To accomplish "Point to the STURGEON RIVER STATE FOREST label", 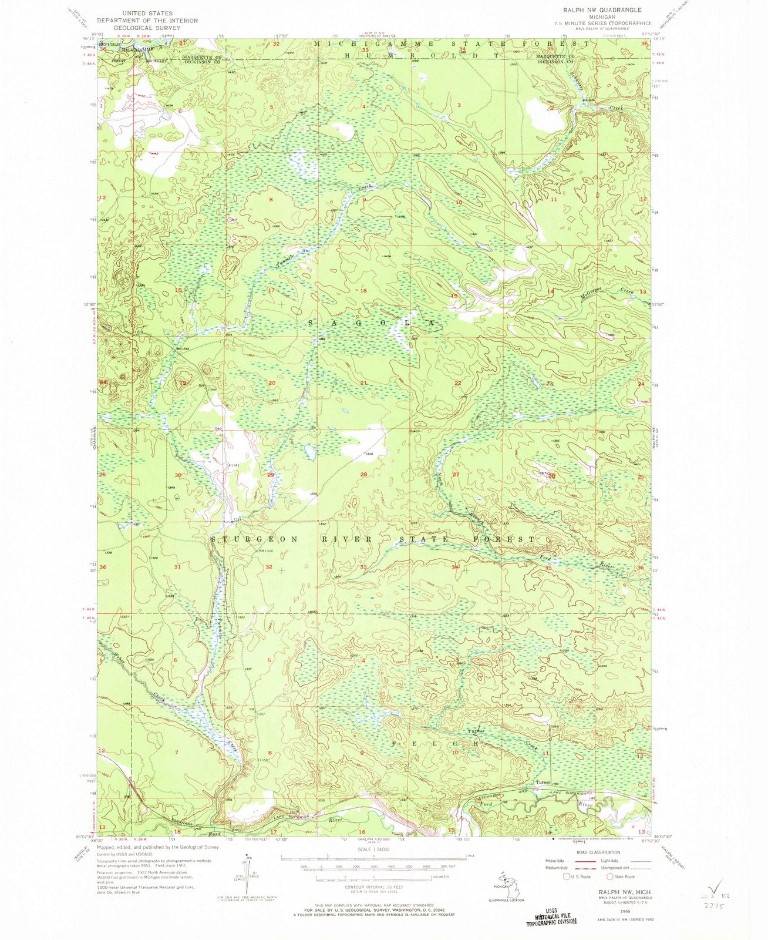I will [373, 539].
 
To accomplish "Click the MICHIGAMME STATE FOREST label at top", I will [452, 43].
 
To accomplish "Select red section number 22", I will [457, 383].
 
